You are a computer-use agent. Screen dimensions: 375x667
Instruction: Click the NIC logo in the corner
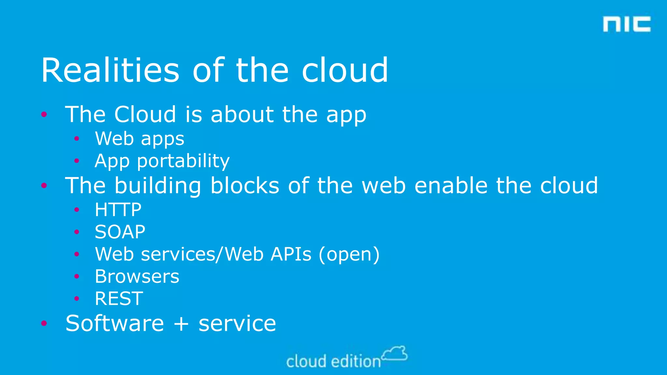click(627, 24)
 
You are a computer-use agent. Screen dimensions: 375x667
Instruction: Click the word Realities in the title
click(110, 70)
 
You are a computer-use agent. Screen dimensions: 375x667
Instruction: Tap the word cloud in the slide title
click(345, 70)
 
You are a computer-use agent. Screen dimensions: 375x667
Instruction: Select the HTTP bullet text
click(118, 210)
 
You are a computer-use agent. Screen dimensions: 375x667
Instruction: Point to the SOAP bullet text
click(120, 232)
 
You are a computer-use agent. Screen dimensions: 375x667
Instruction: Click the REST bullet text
click(119, 299)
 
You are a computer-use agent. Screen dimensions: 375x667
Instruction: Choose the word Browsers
click(137, 276)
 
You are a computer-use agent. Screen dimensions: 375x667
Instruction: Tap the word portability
click(183, 161)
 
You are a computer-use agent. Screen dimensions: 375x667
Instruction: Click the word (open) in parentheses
click(349, 254)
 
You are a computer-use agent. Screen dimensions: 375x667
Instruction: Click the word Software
click(115, 323)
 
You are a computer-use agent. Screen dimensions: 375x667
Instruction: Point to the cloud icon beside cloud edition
click(395, 354)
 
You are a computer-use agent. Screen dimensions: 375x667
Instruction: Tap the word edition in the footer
click(356, 362)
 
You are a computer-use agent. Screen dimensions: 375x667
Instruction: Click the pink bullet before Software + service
click(44, 323)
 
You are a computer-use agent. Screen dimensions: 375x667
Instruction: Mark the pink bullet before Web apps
click(77, 139)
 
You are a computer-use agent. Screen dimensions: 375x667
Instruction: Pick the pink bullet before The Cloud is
click(44, 114)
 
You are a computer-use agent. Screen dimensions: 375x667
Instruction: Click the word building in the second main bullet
click(158, 186)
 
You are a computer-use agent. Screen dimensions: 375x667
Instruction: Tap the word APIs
click(291, 254)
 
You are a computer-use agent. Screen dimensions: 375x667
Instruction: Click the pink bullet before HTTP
click(77, 210)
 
